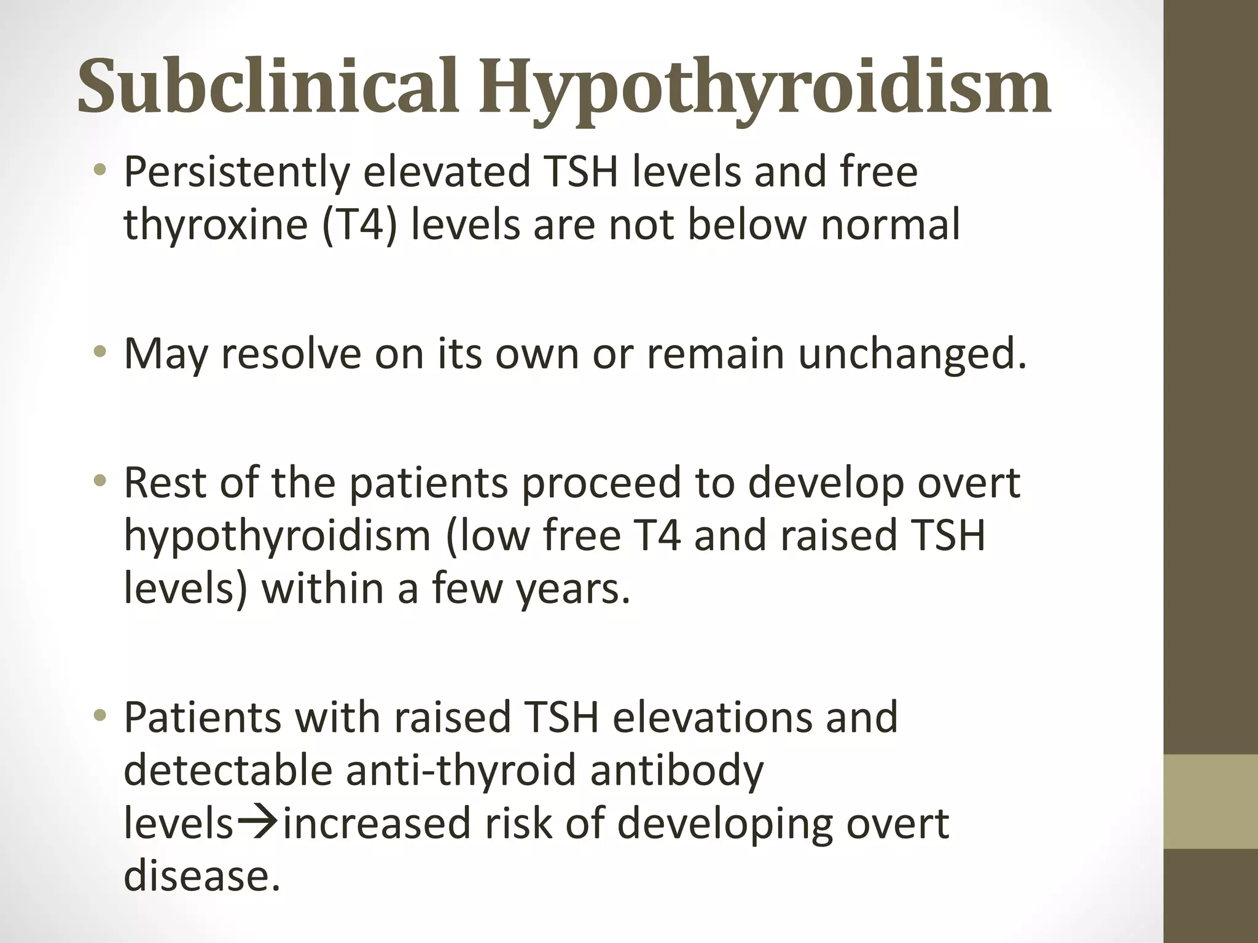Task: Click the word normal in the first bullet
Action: coord(890,225)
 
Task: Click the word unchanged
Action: coord(911,354)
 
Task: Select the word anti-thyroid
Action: coord(461,770)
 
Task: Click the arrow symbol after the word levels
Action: coord(259,822)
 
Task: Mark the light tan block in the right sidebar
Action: coord(1210,802)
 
